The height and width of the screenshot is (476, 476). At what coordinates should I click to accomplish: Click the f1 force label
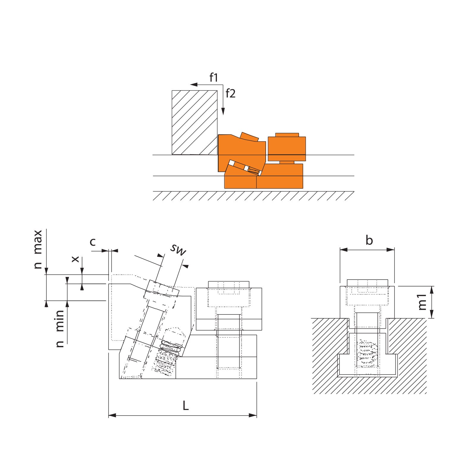[x=214, y=78]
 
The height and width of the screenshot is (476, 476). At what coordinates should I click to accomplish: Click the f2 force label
[x=231, y=93]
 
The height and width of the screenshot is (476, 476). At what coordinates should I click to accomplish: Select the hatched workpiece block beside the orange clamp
[x=195, y=122]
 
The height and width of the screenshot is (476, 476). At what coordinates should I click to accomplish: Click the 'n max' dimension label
[x=38, y=249]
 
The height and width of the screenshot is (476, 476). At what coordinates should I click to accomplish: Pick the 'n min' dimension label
[x=60, y=328]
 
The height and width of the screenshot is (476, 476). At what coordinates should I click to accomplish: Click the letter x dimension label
[x=76, y=259]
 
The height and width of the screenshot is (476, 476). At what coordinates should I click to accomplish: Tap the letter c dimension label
[x=93, y=242]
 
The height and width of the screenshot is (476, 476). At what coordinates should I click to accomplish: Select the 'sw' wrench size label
[x=178, y=250]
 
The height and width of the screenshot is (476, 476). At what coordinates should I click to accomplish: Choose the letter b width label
[x=369, y=240]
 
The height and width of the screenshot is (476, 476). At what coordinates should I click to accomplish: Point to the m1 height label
[x=422, y=302]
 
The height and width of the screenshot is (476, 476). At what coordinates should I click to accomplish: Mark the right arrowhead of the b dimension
[x=391, y=250]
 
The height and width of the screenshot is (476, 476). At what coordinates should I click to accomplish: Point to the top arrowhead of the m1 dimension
[x=432, y=290]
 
